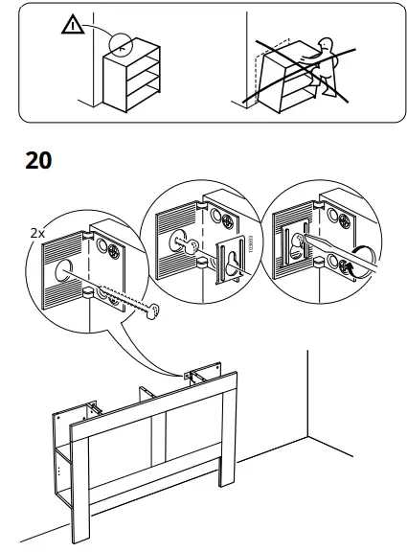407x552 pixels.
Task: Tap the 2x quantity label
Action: click(37, 233)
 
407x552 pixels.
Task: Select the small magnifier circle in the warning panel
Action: click(120, 42)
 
